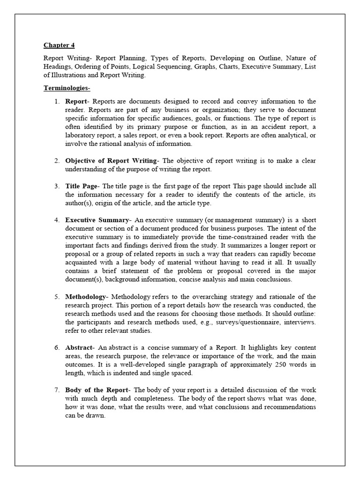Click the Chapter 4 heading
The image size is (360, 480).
[x=59, y=45]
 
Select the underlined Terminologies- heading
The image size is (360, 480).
[x=67, y=88]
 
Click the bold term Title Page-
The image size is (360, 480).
[x=82, y=187]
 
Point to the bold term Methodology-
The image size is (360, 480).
[x=87, y=297]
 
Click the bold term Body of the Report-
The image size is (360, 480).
[x=99, y=390]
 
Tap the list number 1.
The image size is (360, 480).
[x=56, y=101]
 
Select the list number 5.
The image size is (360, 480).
[x=56, y=297]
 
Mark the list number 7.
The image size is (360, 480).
[x=56, y=390]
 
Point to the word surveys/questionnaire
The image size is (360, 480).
[x=206, y=322]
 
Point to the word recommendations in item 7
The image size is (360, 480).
[x=288, y=407]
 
